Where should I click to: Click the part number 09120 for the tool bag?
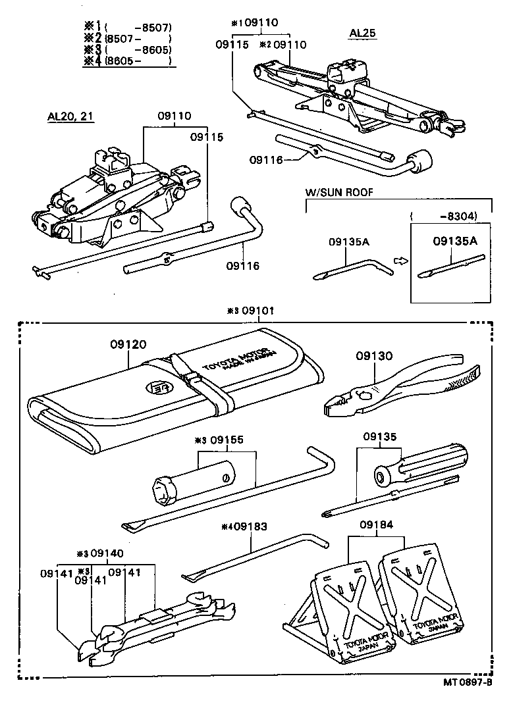click(128, 344)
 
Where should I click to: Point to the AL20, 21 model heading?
click(70, 116)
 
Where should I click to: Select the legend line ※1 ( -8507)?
click(128, 28)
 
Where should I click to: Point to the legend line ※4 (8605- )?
click(128, 61)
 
